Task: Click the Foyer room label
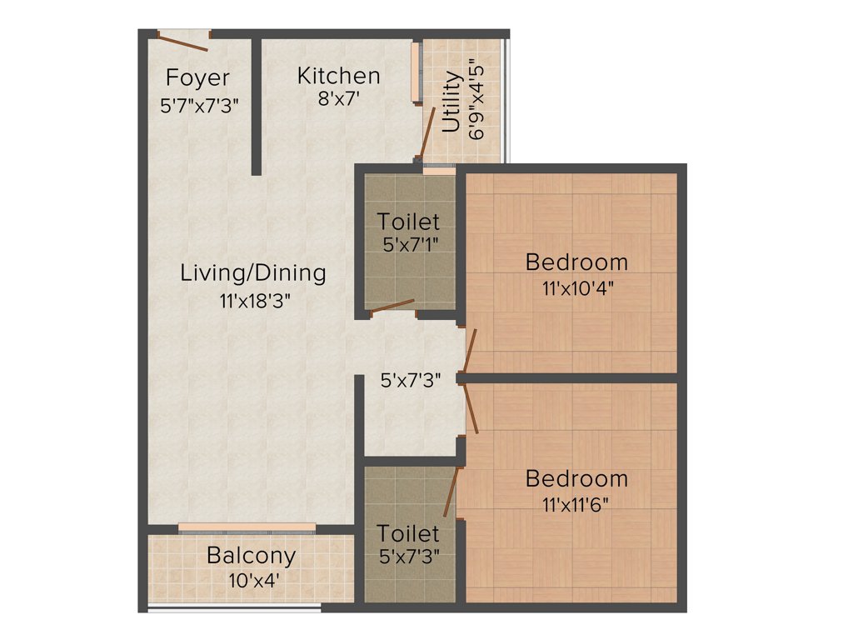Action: tap(197, 77)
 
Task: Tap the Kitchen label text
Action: tap(338, 76)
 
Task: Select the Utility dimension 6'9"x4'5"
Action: tap(476, 98)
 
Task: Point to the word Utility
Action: tap(451, 102)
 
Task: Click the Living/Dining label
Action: tap(253, 272)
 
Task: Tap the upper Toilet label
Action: tap(408, 222)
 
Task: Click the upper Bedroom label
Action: tap(576, 262)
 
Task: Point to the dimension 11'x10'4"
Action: tap(576, 289)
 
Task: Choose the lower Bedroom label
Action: tap(576, 479)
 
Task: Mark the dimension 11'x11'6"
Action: tap(576, 505)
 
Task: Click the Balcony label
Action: tap(251, 555)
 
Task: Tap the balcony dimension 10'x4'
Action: tap(251, 580)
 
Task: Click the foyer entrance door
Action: tap(184, 39)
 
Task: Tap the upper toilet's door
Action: tap(392, 307)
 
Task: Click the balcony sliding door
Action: tap(247, 527)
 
